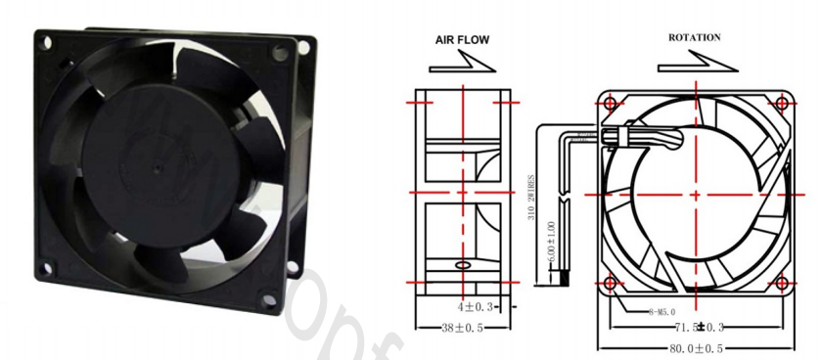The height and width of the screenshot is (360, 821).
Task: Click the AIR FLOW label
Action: point(462,40)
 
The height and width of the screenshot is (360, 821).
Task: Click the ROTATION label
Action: point(695,37)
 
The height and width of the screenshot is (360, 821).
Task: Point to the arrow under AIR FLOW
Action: point(462,65)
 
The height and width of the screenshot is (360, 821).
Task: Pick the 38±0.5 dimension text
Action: point(462,328)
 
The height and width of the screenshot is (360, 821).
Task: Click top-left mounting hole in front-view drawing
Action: point(612,102)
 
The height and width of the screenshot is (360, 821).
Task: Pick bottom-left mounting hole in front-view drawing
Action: point(612,284)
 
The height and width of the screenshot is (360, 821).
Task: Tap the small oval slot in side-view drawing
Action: point(463,264)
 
